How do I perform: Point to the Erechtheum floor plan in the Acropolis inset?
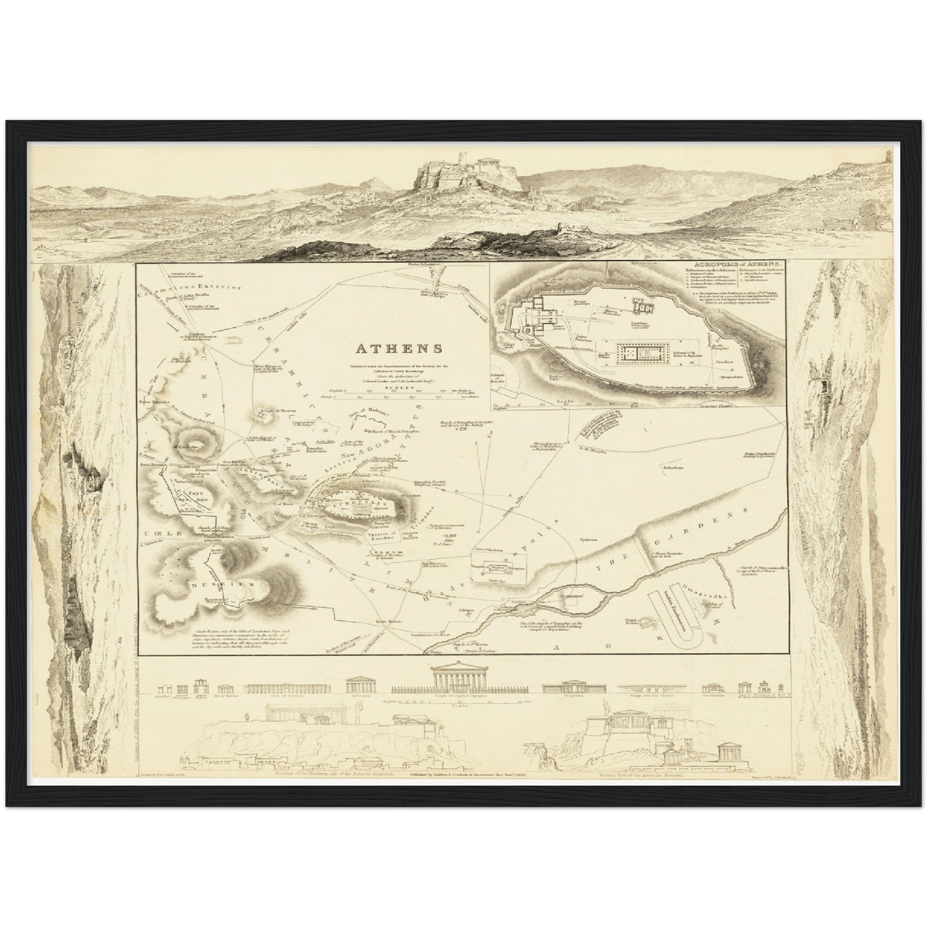[x=645, y=307]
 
